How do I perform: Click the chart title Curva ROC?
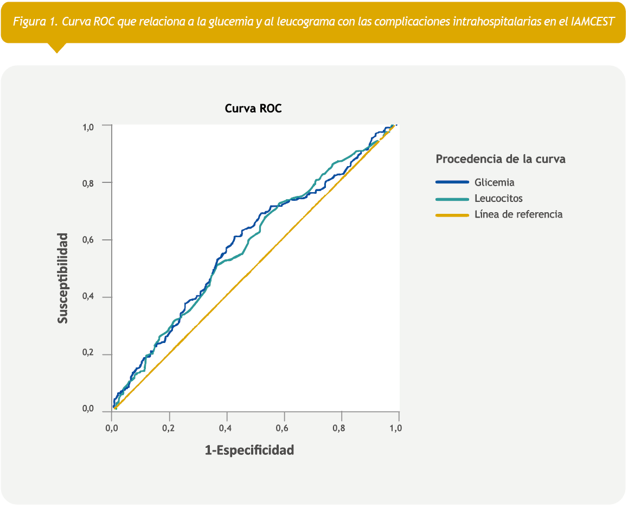[253, 109]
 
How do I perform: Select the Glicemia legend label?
[494, 182]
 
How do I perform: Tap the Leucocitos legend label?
[498, 199]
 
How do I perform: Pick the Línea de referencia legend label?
[518, 214]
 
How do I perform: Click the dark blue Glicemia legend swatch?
[452, 182]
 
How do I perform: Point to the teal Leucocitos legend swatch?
[452, 199]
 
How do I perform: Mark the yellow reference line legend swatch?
[452, 215]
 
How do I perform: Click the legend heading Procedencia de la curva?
[501, 160]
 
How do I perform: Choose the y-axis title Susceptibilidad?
[63, 278]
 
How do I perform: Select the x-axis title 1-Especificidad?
[249, 450]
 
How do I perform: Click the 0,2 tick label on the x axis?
[169, 428]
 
